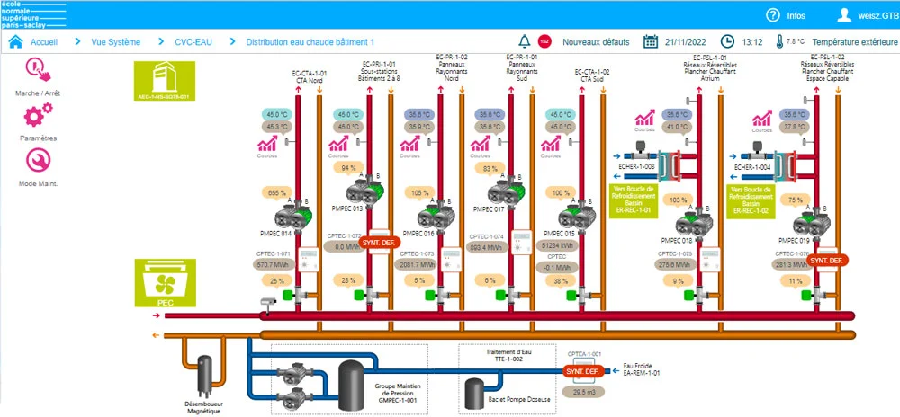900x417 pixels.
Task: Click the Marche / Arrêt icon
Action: tap(37, 70)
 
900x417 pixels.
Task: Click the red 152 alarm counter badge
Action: tap(544, 42)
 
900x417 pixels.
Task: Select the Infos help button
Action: tap(786, 15)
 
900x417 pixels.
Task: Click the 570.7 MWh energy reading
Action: tap(276, 265)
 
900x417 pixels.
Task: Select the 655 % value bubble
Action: tap(277, 192)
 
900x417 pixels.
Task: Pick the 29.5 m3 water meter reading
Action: tap(584, 392)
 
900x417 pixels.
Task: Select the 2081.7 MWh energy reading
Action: tap(418, 265)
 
